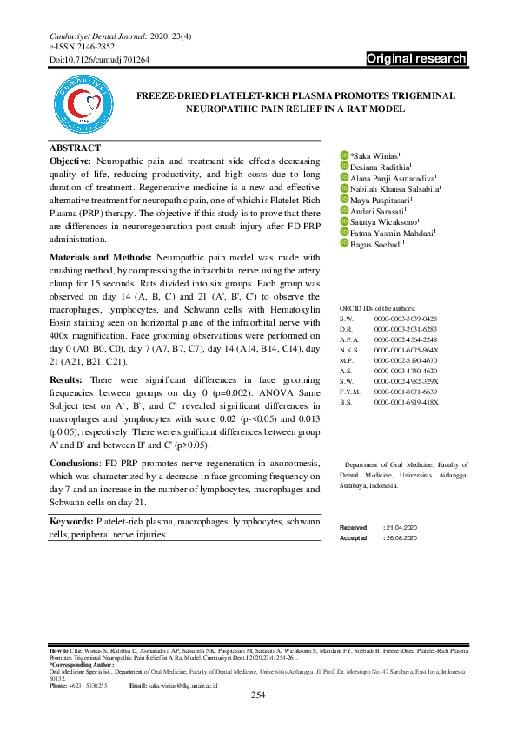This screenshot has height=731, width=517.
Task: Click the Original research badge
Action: point(416,60)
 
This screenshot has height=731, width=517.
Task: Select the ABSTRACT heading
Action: point(75,148)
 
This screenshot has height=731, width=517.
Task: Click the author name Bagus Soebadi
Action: point(378,244)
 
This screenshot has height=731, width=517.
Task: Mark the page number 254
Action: point(258,695)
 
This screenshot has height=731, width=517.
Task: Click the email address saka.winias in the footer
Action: point(181,685)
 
